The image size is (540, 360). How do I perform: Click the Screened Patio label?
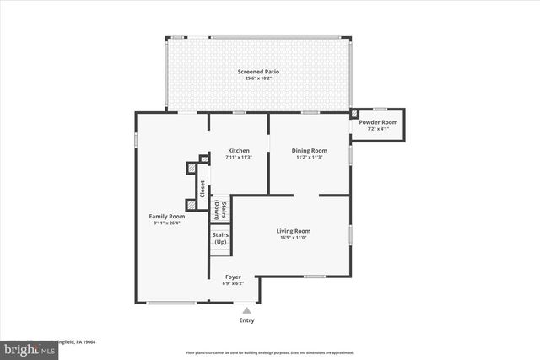pos(258,72)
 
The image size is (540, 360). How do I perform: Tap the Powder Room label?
pos(378,122)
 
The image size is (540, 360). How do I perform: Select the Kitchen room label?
pos(238,150)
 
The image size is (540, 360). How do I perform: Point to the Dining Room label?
pos(309,150)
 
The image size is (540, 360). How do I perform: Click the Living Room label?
pos(294,230)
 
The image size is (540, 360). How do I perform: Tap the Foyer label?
pos(232,277)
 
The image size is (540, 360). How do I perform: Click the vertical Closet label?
pos(202,190)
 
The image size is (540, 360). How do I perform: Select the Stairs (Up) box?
pos(219,238)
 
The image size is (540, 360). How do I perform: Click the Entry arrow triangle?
pos(246,310)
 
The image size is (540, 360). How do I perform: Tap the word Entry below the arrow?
pos(246,320)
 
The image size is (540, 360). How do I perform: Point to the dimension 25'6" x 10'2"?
pos(258,79)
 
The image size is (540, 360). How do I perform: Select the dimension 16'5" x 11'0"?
pos(294,238)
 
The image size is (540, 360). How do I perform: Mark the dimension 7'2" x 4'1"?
pos(378,129)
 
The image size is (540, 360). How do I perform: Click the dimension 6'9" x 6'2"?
pos(232,283)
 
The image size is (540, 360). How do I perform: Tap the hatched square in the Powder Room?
pos(355,112)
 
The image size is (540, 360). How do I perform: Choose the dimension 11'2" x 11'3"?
pos(309,157)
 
